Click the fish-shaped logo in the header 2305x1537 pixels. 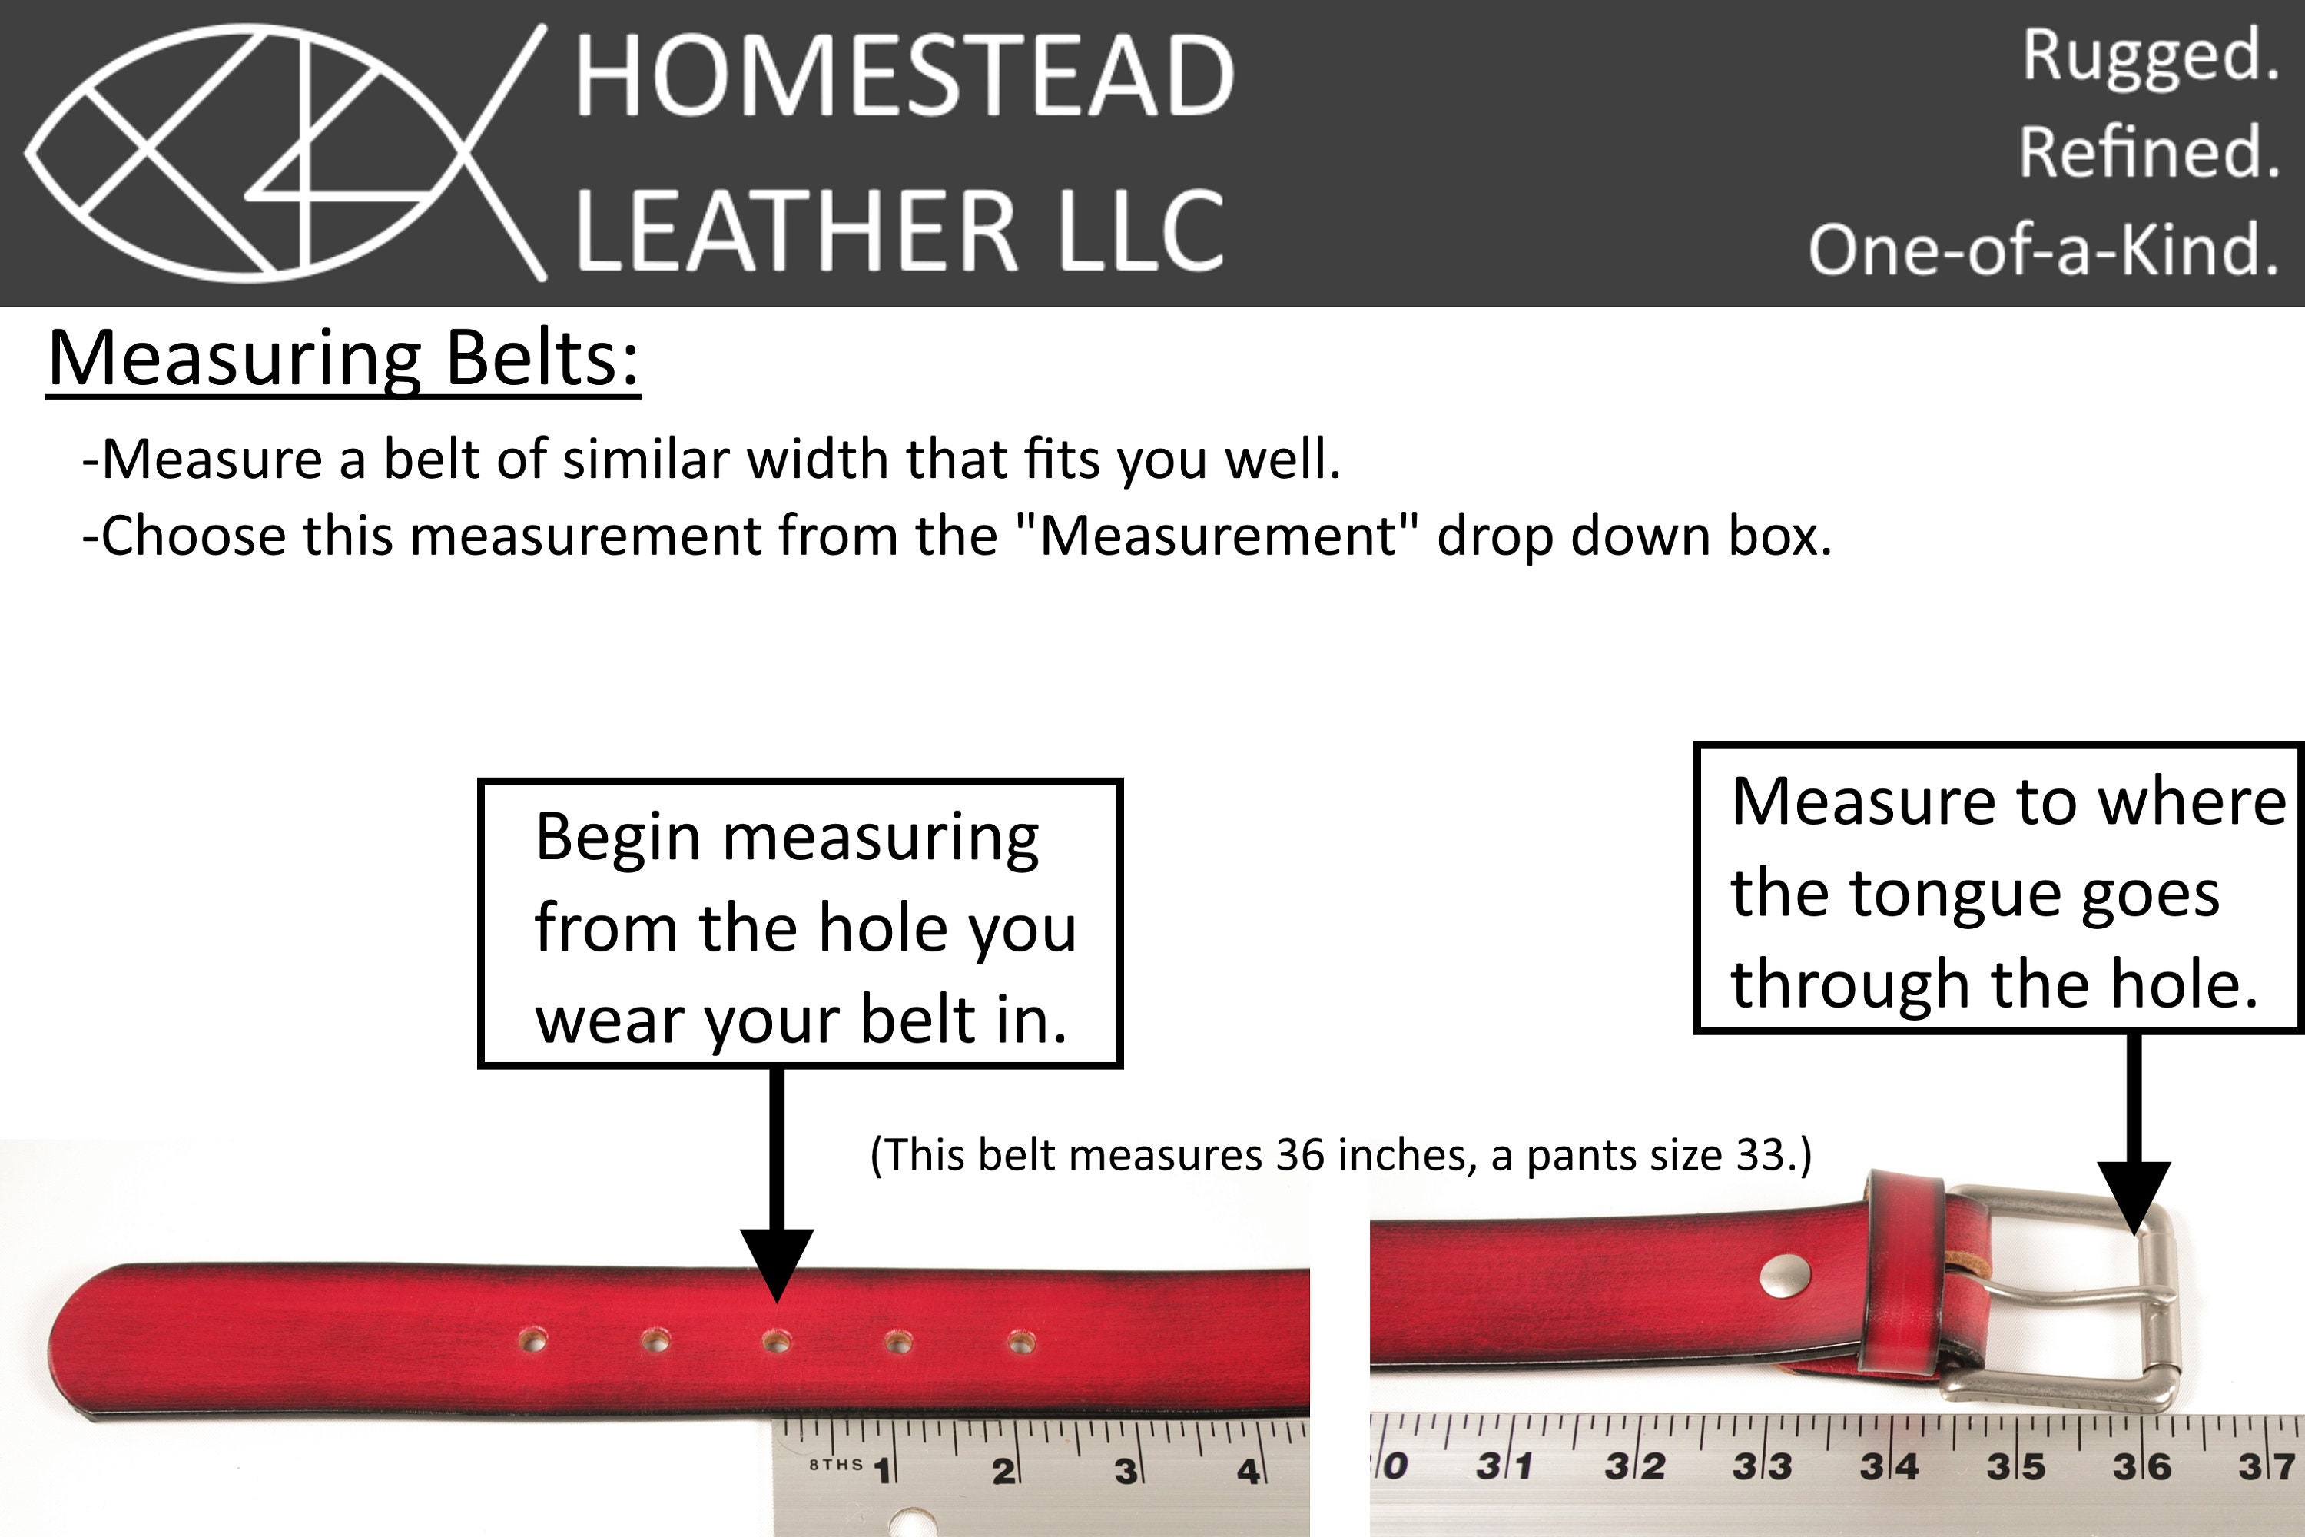tap(284, 153)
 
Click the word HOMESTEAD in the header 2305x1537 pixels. tap(904, 75)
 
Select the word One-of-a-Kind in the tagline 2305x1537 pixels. tap(2042, 249)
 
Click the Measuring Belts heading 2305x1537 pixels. tap(343, 359)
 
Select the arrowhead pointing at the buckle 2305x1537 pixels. tap(2134, 1199)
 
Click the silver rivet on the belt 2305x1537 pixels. tap(1786, 1275)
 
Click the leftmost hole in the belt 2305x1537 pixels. tap(533, 1340)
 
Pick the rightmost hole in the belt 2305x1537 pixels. tap(1020, 1340)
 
